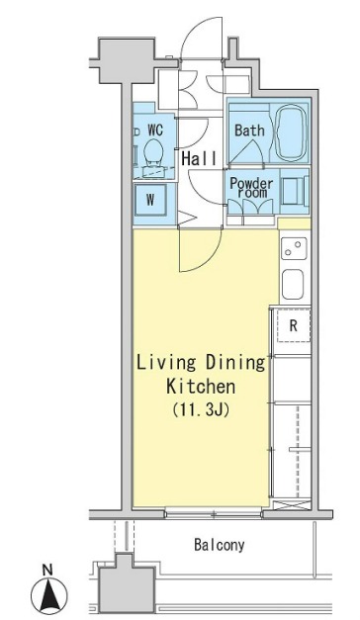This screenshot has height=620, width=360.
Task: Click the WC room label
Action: point(155,130)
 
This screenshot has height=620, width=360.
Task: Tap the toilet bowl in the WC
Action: point(153,152)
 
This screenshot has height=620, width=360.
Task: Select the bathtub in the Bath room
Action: point(292,133)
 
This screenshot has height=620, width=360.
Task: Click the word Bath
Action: point(249,131)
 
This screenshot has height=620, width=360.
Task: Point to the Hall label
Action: point(199,158)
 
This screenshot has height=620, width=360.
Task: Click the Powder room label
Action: point(251,188)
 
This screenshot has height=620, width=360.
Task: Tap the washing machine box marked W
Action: point(150,200)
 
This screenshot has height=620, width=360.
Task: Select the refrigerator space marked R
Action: point(293,325)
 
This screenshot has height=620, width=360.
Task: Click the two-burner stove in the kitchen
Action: point(294,248)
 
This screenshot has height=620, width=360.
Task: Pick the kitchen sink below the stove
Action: point(293,285)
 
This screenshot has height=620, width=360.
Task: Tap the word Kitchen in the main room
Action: point(201,387)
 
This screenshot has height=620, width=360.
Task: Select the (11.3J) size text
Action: point(202,410)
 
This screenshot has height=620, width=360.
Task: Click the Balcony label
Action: point(220,545)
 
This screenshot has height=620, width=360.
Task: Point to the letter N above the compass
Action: point(47,571)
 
